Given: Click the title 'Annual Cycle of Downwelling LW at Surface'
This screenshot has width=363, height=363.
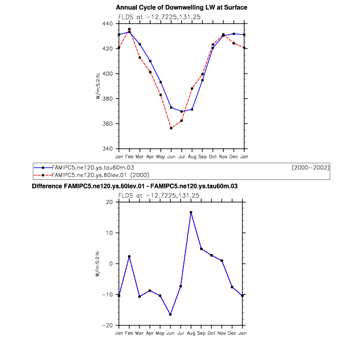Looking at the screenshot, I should tap(181, 8).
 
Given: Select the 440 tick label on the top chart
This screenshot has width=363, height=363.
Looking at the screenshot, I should tap(108, 24).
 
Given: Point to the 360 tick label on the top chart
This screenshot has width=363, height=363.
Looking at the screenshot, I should tap(108, 124).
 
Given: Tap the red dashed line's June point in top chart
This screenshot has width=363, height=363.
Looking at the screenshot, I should tap(171, 128).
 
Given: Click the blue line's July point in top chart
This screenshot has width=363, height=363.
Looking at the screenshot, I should tap(181, 111).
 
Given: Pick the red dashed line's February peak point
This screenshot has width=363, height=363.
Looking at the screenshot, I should tap(129, 29).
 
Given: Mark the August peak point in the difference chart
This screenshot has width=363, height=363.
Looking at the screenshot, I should tap(190, 212).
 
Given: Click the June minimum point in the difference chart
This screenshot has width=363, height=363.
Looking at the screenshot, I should tap(170, 315).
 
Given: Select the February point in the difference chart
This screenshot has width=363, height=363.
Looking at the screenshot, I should tap(129, 257).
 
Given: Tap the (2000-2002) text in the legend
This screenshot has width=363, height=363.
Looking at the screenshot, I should tap(310, 168).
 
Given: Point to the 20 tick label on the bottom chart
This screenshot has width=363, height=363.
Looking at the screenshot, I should tap(109, 202).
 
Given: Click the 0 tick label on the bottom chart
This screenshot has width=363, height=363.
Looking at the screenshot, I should tap(111, 264).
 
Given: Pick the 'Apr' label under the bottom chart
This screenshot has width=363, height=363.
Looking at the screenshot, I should tap(150, 333).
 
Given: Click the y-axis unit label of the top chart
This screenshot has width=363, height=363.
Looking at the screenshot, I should tap(98, 86).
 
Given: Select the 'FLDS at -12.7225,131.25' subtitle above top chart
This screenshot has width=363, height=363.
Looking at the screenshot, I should tap(159, 17).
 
